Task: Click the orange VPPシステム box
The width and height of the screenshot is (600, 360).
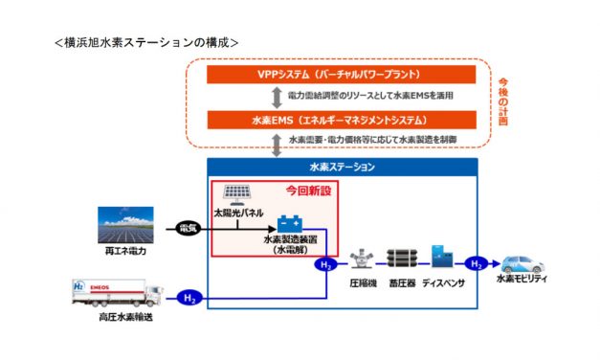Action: click(327, 74)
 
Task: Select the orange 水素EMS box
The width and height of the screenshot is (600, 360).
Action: click(327, 122)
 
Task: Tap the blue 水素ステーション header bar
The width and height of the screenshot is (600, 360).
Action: click(342, 167)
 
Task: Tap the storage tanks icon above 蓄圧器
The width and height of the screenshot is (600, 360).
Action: click(402, 259)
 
